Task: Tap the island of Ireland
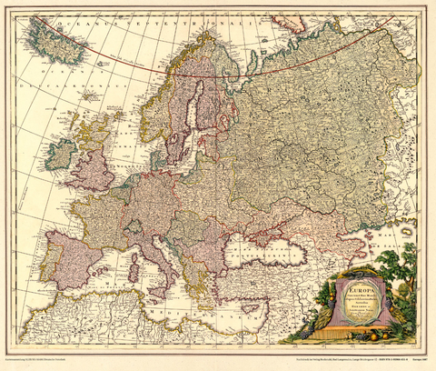[61, 154]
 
